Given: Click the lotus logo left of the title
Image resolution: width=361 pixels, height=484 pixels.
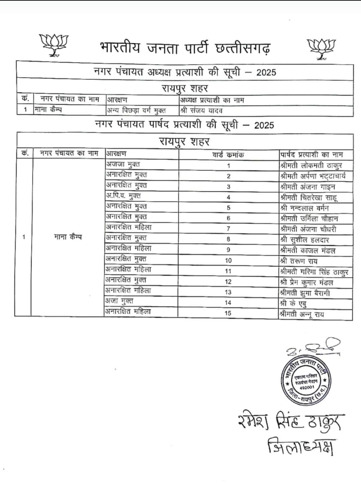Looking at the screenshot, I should point(53,44).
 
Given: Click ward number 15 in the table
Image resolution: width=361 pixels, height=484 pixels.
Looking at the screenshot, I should point(228,313).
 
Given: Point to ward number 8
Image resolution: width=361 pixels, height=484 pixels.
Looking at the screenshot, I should point(228,239).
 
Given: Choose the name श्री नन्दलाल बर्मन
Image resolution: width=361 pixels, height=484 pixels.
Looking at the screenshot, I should point(305,208).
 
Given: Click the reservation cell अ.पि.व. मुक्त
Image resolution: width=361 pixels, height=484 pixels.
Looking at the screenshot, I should point(123,196).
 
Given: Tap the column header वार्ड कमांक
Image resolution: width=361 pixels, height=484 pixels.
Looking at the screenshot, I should point(228,155).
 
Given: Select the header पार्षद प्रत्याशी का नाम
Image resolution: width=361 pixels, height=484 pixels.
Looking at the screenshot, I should point(311,155).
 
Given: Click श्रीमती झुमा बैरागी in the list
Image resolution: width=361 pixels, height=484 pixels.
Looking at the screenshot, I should point(305,293).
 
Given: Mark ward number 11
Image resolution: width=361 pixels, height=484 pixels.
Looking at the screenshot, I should point(228,271).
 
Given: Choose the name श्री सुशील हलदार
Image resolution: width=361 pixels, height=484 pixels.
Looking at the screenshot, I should point(305,240).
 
